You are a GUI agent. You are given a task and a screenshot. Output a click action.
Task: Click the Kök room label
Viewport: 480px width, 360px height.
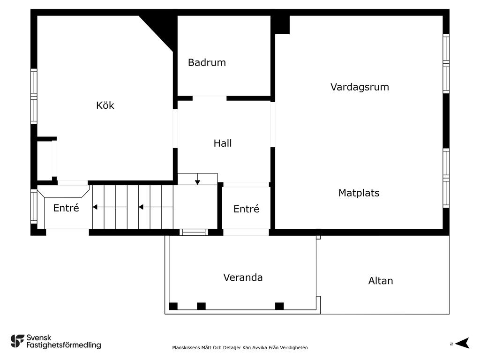coord(105,105)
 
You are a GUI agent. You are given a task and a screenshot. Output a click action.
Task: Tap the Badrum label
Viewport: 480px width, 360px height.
coord(207,62)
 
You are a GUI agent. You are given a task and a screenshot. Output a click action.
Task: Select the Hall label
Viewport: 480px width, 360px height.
coord(223,143)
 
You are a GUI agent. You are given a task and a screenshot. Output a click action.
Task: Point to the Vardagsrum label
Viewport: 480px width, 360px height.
coord(360,87)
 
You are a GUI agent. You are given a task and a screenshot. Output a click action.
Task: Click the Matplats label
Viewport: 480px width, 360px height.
coord(359,193)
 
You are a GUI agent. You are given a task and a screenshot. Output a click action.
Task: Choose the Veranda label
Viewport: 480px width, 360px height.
coord(243,277)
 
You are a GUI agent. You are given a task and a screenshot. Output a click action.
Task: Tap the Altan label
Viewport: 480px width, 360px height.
coord(381,281)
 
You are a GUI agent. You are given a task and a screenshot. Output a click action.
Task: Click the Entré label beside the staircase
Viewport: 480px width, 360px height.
coord(66,208)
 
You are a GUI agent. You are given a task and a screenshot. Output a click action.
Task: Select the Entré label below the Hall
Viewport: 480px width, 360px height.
coord(246,209)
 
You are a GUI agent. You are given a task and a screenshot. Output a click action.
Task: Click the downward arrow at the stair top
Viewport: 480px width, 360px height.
coord(197,179)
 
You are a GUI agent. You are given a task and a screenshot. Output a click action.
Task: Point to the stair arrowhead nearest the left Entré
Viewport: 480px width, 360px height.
coord(95,207)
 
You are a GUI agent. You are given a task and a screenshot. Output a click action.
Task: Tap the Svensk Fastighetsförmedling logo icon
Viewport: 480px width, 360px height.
coord(17,341)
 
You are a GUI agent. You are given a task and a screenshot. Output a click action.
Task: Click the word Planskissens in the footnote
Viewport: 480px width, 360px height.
coord(186,348)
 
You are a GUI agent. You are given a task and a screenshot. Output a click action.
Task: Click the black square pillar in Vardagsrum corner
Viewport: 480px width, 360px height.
coord(282,24)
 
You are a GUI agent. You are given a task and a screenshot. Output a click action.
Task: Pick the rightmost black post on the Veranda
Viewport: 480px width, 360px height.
coord(279,306)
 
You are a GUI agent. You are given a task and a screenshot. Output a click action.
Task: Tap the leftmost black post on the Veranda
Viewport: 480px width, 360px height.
coord(173,306)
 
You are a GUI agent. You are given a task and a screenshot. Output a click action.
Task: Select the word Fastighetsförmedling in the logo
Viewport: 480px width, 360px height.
coord(64,345)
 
